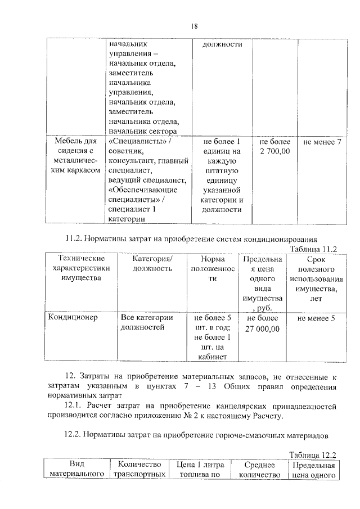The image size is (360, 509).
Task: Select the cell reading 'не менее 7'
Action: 322,142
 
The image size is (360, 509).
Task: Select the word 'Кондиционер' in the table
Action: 73,317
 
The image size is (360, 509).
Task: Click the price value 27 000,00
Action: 262,328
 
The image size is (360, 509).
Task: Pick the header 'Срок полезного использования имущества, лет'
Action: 313,279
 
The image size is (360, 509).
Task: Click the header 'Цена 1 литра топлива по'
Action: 200,470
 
